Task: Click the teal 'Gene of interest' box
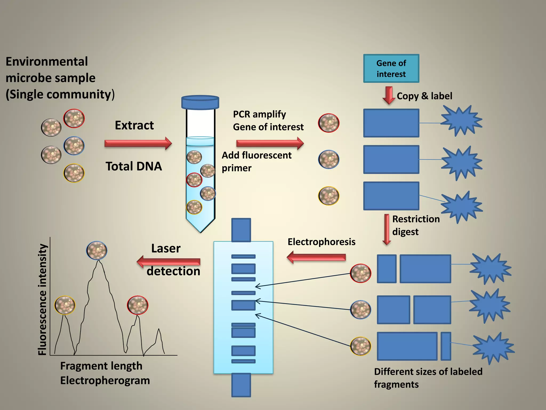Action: click(391, 69)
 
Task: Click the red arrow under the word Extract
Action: click(138, 144)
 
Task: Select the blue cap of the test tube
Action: click(200, 102)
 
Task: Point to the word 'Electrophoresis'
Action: click(321, 242)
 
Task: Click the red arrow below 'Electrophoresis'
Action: click(316, 257)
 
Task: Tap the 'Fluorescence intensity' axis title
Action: click(43, 299)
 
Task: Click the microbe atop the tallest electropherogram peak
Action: click(97, 251)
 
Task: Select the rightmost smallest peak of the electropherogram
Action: click(159, 339)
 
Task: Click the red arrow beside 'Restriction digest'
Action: click(387, 230)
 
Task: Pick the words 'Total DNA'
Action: click(134, 166)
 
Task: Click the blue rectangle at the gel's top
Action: click(241, 230)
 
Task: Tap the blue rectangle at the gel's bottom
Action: click(241, 385)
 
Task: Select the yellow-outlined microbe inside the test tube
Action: click(194, 207)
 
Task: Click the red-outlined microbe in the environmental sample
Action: click(74, 118)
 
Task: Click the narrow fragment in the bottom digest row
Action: click(446, 346)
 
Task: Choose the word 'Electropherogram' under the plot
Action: click(105, 380)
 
